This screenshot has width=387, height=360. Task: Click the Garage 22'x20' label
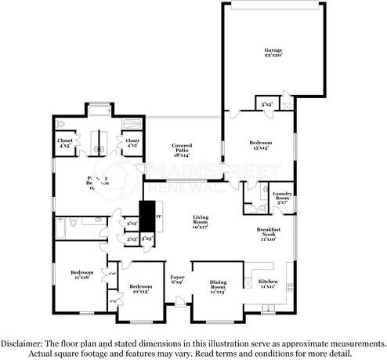pyautogui.click(x=273, y=53)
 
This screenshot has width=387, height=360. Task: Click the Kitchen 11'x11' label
pyautogui.click(x=268, y=284)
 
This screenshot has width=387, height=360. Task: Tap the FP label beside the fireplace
pyautogui.click(x=159, y=215)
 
